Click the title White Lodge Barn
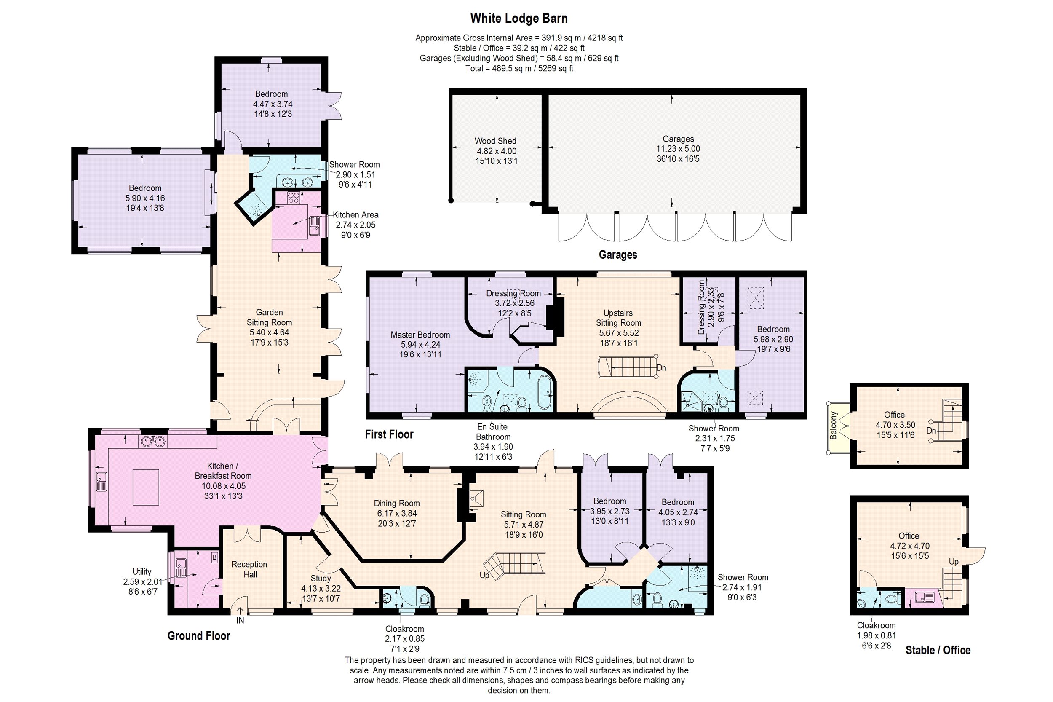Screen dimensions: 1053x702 tap(518, 19)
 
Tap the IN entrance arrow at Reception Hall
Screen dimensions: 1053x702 tap(240, 611)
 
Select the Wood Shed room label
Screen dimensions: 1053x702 tap(495, 141)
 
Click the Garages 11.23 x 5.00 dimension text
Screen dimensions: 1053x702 tap(678, 149)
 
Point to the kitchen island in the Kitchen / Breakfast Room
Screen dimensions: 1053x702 tap(146, 487)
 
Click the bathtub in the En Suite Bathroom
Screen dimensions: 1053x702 tap(545, 393)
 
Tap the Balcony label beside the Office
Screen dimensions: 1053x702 tap(833, 425)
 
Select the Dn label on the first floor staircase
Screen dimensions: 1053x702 tap(661, 368)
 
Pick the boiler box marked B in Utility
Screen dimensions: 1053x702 tap(214, 558)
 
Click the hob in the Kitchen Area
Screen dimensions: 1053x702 tap(293, 198)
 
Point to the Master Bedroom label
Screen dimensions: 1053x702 tap(420, 335)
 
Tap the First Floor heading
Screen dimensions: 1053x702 tap(389, 434)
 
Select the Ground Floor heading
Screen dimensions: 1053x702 tap(199, 636)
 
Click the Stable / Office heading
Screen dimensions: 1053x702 tap(938, 650)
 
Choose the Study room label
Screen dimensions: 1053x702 tap(321, 579)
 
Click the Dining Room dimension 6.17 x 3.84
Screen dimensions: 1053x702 tap(397, 513)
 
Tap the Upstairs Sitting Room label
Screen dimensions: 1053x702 tap(618, 318)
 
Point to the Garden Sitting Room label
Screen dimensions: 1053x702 tap(270, 317)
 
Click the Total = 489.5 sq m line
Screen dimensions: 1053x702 tap(519, 69)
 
